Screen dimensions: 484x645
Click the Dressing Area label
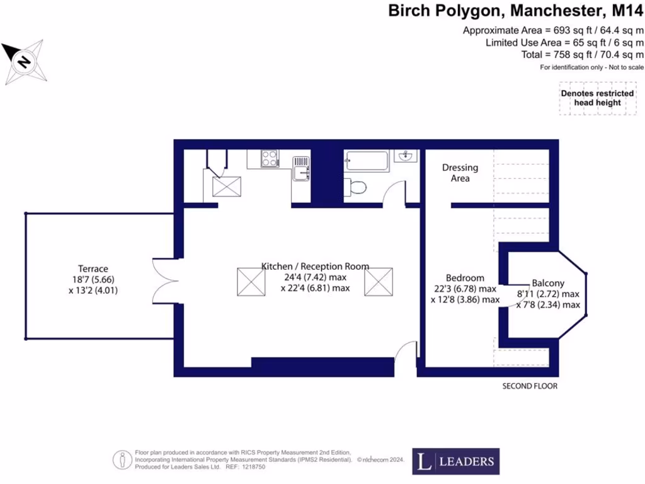point(460,173)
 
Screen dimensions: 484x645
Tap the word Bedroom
point(465,278)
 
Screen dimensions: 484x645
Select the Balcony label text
point(548,283)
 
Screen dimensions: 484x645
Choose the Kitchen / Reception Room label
point(315,266)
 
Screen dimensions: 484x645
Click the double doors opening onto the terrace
point(162,280)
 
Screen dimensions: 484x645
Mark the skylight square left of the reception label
point(250,280)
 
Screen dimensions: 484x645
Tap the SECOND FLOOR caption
point(529,386)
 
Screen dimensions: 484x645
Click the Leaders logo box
point(456,461)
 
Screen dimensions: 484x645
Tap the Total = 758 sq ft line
point(583,55)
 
